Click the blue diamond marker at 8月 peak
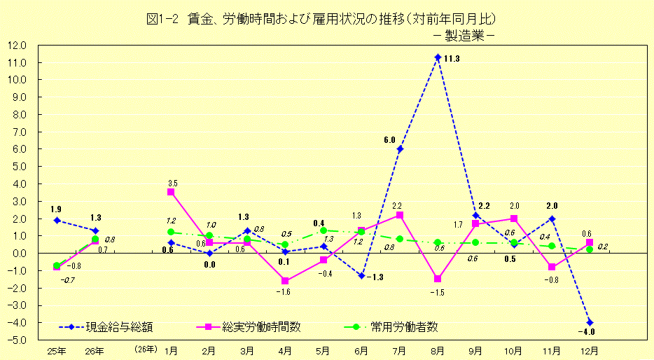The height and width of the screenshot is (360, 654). pos(438,57)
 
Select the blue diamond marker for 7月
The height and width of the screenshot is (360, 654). pos(400,148)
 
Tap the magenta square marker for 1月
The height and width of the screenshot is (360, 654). pos(171,192)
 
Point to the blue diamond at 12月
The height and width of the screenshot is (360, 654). pos(590,322)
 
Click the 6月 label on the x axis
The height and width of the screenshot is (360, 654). pos(362,350)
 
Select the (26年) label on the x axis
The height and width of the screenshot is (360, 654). pos(145,350)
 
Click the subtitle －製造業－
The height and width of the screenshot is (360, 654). pos(464,34)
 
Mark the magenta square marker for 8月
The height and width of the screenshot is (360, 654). pos(438,279)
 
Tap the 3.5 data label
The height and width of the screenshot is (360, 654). pos(172,183)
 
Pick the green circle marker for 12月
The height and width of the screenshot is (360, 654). pos(590,249)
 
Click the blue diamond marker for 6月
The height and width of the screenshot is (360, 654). pos(361,276)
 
